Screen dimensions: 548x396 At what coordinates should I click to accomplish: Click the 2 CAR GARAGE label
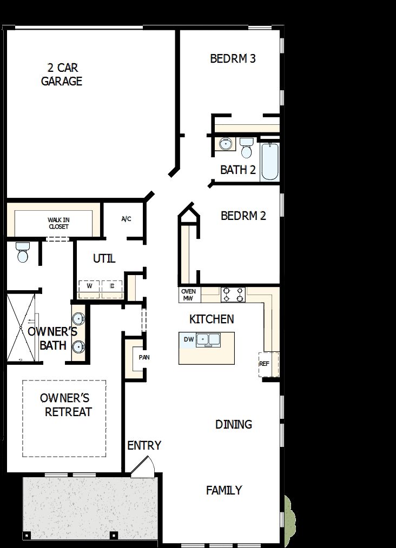click(x=62, y=75)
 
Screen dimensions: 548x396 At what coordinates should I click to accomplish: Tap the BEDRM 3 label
click(x=233, y=58)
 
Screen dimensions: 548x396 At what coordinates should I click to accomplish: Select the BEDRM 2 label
click(x=243, y=216)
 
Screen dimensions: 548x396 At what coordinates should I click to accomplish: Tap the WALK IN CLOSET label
click(x=58, y=223)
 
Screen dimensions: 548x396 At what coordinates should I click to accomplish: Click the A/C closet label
click(x=126, y=219)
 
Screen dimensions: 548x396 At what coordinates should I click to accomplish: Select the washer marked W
click(x=89, y=286)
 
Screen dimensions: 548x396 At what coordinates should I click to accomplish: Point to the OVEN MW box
click(x=189, y=295)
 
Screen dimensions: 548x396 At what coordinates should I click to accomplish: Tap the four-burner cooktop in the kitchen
click(x=233, y=295)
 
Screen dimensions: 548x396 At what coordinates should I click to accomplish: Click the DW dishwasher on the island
click(x=188, y=339)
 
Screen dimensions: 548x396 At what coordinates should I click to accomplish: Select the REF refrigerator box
click(x=265, y=364)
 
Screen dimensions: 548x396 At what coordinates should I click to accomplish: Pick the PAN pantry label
click(x=143, y=357)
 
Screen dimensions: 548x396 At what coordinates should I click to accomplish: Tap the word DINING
click(x=234, y=424)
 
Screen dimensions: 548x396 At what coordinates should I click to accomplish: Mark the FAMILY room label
click(x=224, y=490)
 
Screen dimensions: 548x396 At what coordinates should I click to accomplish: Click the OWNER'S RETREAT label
click(x=65, y=405)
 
